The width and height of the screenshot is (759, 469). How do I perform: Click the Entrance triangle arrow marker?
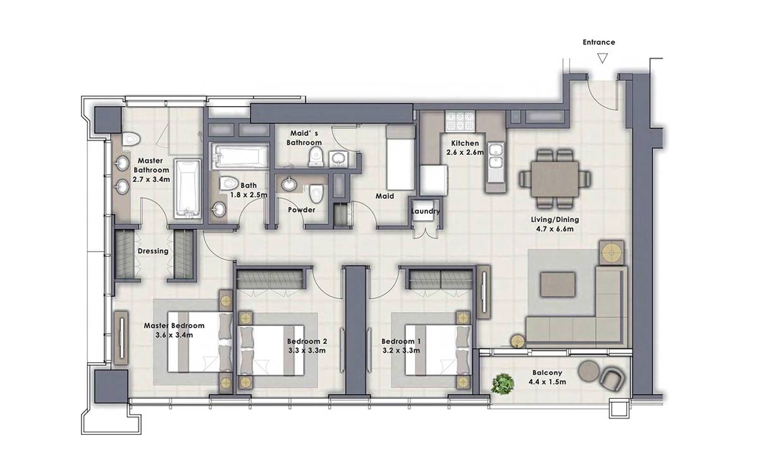[x=602, y=58]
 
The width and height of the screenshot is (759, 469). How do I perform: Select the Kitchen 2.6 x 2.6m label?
[x=465, y=148]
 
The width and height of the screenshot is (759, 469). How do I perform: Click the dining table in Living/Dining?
[x=555, y=179]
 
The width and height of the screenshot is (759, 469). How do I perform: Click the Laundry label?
[x=426, y=211]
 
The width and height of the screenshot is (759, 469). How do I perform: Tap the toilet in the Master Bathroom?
[x=131, y=139]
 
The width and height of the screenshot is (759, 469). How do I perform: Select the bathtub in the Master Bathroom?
[x=188, y=188]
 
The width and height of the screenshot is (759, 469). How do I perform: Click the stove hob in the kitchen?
[x=460, y=122]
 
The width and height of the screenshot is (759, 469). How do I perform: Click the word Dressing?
[x=153, y=252]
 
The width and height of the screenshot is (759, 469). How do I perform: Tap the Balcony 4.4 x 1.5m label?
[x=547, y=377]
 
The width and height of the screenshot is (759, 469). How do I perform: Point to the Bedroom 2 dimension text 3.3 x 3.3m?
[x=307, y=350]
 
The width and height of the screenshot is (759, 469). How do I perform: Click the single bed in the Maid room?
[x=401, y=157]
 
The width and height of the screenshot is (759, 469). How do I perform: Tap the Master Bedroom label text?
[x=174, y=326]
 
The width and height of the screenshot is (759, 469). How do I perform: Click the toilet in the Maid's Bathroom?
[x=316, y=159]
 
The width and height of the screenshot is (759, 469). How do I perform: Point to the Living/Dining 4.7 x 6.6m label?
[x=555, y=224]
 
